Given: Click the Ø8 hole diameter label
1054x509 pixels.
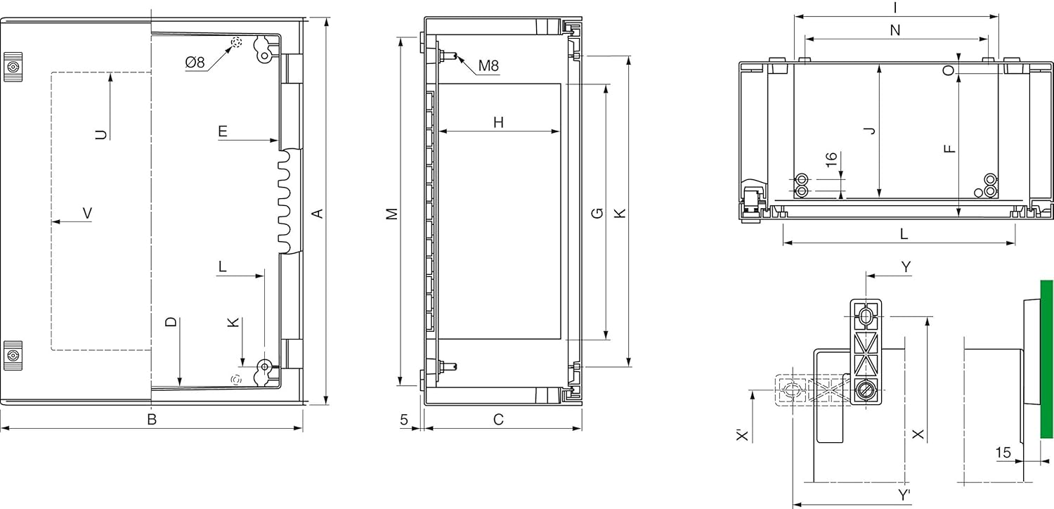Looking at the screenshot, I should (195, 63).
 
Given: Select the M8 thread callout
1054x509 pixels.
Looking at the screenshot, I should (488, 66).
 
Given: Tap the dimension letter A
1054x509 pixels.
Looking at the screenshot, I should (318, 212).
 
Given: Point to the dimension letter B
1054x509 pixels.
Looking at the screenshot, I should (151, 420).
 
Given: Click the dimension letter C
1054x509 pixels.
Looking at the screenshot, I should (498, 420).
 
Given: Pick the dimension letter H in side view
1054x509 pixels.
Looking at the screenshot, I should (498, 122).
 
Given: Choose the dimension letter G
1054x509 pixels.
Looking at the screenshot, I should (597, 213).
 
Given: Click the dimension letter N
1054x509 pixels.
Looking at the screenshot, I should (894, 30).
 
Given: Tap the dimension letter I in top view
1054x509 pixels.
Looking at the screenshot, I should (894, 7).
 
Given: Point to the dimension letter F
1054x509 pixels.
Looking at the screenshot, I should (949, 148).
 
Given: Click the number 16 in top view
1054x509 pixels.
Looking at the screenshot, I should (831, 160).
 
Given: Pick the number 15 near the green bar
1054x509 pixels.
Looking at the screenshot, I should (1003, 453).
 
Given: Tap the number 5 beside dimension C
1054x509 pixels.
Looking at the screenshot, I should (404, 420).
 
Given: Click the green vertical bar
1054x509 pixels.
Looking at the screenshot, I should (1046, 359).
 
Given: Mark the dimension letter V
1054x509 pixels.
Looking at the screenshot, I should (87, 213).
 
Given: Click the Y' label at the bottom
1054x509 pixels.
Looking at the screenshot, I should (904, 496).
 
